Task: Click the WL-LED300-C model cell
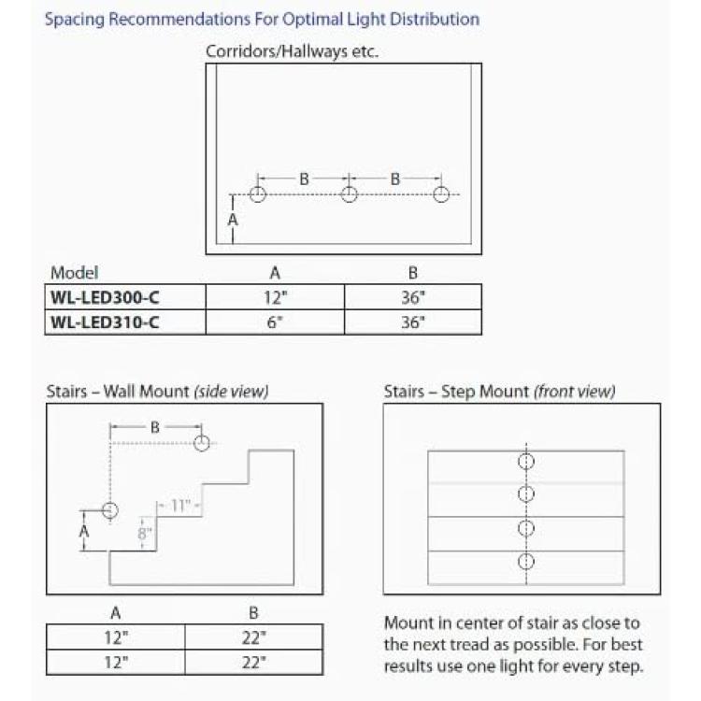pyautogui.click(x=125, y=297)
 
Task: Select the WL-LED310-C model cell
pyautogui.click(x=125, y=322)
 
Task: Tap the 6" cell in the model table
pyautogui.click(x=275, y=322)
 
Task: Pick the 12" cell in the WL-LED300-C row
pyautogui.click(x=275, y=297)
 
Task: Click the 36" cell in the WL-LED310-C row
pyautogui.click(x=413, y=322)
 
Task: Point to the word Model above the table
pyautogui.click(x=74, y=273)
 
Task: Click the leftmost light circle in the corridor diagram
pyautogui.click(x=258, y=194)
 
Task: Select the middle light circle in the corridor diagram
pyautogui.click(x=350, y=194)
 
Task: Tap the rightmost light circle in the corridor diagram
pyautogui.click(x=441, y=194)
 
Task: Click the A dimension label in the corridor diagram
pyautogui.click(x=233, y=220)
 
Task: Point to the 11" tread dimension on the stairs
pyautogui.click(x=180, y=506)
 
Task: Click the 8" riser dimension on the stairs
pyautogui.click(x=144, y=534)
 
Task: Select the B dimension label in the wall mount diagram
pyautogui.click(x=154, y=427)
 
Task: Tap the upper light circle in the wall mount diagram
pyautogui.click(x=202, y=443)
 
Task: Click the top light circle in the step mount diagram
pyautogui.click(x=526, y=462)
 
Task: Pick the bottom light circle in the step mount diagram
pyautogui.click(x=526, y=561)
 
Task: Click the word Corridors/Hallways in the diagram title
pyautogui.click(x=277, y=51)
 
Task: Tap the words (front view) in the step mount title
pyautogui.click(x=574, y=392)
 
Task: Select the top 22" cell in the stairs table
pyautogui.click(x=253, y=637)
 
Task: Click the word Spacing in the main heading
pyautogui.click(x=75, y=20)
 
